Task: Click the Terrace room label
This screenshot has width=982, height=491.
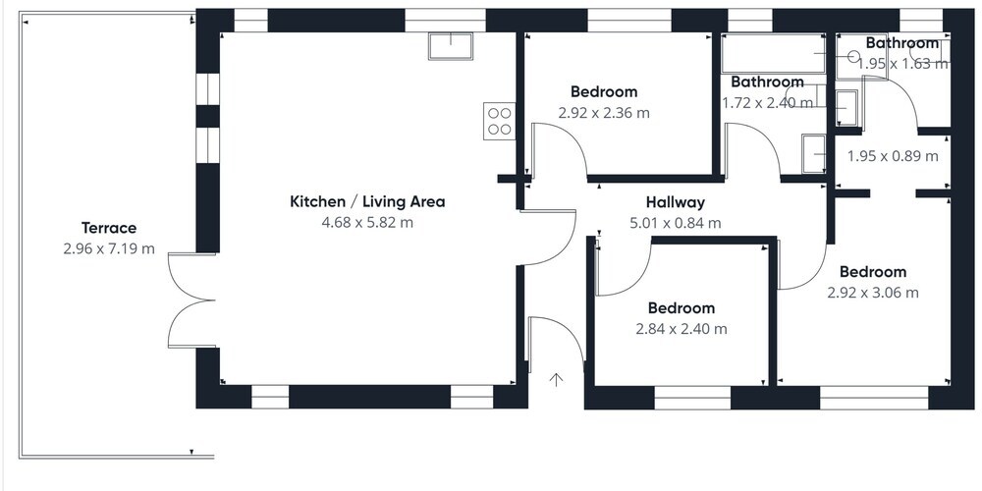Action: (109, 228)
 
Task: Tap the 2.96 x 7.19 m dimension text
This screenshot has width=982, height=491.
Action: (109, 248)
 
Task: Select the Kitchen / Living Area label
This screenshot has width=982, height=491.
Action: (367, 201)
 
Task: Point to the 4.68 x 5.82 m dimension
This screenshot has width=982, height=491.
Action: (367, 222)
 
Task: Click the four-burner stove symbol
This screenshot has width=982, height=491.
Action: (499, 122)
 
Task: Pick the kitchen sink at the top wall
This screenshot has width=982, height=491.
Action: (451, 46)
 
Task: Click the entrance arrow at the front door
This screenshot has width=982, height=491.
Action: (556, 379)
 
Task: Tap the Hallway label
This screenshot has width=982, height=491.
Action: (676, 202)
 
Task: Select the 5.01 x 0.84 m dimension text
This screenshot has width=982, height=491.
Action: (676, 223)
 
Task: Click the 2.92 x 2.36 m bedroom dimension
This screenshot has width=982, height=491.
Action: (604, 113)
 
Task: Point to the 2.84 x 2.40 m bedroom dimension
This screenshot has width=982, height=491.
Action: (682, 329)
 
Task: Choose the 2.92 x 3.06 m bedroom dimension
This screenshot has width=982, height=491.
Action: (873, 293)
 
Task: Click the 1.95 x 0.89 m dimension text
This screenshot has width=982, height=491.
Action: (893, 156)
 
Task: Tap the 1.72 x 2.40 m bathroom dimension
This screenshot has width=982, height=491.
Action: (768, 102)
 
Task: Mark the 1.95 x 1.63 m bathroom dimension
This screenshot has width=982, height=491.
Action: (902, 63)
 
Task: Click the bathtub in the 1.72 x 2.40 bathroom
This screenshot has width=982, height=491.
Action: (774, 54)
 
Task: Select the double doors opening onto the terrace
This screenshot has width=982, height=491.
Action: (191, 300)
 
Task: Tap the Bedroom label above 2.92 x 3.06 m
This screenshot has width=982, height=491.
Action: (873, 272)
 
